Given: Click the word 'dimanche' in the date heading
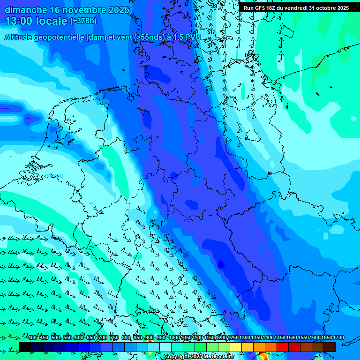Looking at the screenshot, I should click(x=25, y=10).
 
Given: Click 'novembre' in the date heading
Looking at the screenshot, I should click(x=85, y=10).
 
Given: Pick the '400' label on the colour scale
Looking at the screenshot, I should click(x=32, y=338).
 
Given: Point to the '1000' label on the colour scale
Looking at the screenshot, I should click(x=174, y=338).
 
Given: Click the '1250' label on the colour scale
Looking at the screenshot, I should click(x=233, y=338).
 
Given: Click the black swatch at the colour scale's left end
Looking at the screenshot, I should click(x=24, y=347).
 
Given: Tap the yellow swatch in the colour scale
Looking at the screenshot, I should click(x=236, y=347).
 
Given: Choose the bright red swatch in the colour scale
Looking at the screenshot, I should click(x=283, y=347).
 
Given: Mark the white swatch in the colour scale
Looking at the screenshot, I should click(x=165, y=347).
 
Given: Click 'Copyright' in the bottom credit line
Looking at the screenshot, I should click(x=177, y=357).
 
